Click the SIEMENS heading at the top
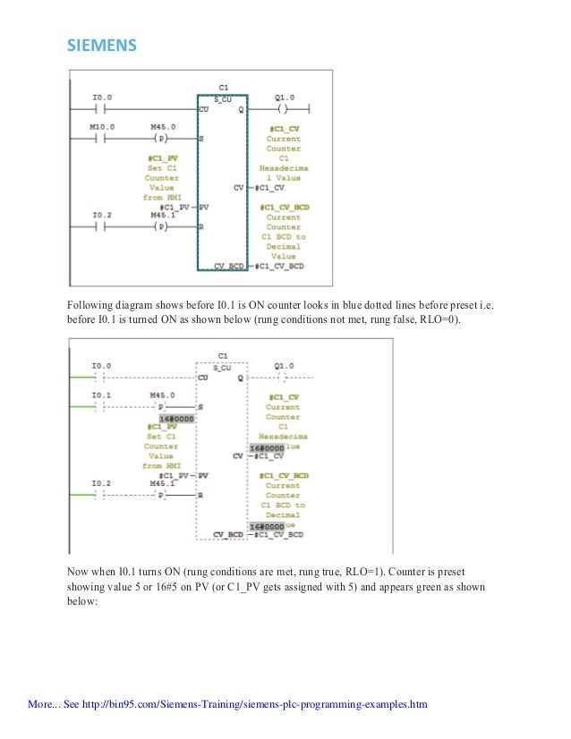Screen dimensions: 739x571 [99, 45]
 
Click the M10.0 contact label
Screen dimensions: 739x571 [102, 127]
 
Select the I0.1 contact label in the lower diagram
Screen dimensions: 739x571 [101, 395]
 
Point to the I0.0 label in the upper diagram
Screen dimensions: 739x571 [102, 97]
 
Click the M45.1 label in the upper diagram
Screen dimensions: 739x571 [162, 215]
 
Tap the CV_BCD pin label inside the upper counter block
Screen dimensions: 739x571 [229, 266]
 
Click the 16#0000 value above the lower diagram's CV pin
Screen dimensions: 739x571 [267, 446]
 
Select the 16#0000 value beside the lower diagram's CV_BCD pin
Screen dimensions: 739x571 [267, 527]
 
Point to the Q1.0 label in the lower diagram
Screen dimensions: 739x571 [285, 365]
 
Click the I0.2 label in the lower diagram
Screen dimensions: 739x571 [101, 483]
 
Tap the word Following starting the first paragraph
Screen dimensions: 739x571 [90, 303]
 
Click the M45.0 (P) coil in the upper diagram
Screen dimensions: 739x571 [162, 139]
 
